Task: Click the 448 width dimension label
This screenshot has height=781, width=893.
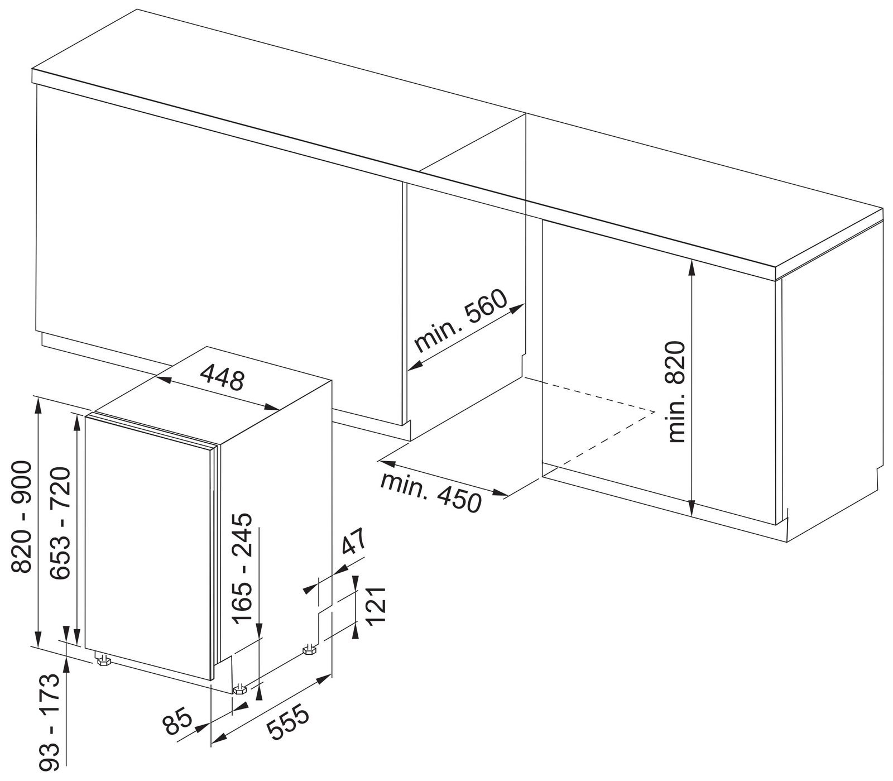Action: (x=222, y=377)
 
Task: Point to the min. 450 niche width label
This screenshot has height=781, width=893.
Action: (x=430, y=492)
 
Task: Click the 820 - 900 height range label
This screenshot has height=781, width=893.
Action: (x=23, y=516)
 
